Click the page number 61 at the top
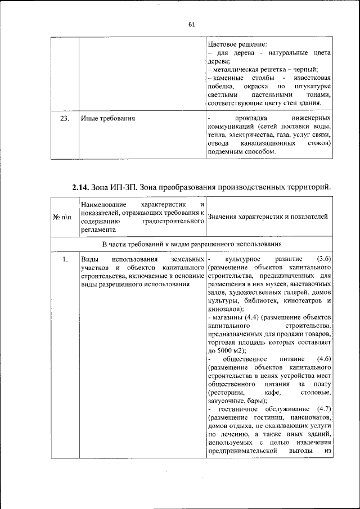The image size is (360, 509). [191, 24]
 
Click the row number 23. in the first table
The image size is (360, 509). [65, 119]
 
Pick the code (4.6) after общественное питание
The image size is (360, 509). [323, 358]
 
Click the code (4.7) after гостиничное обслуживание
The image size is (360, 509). [323, 408]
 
